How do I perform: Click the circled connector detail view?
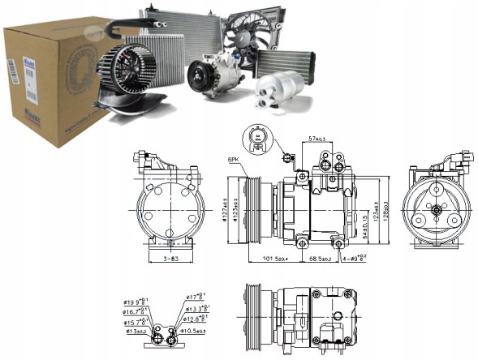258,140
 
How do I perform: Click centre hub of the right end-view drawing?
437,210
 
